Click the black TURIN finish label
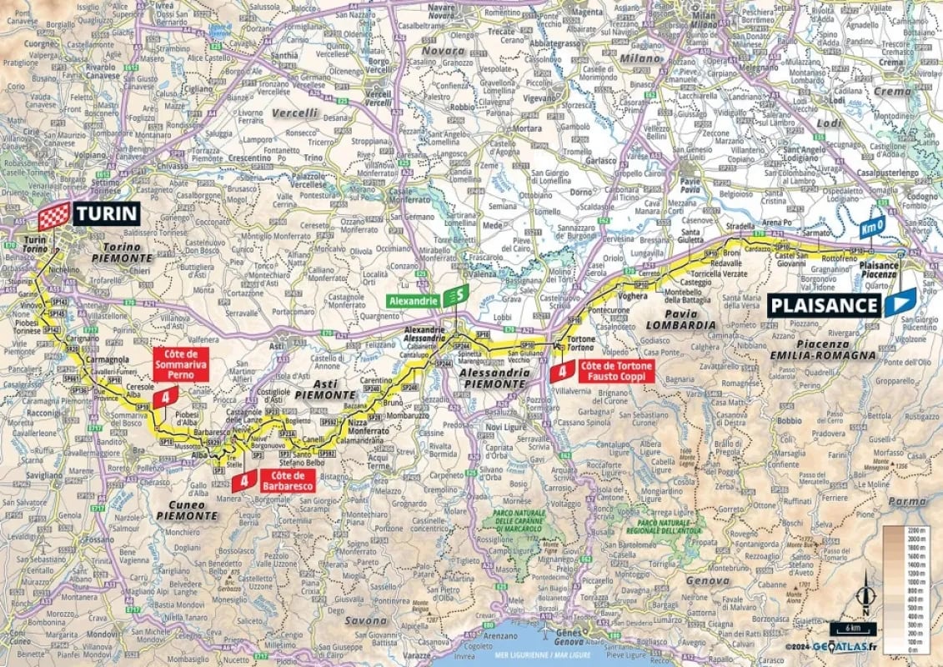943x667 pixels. (106, 214)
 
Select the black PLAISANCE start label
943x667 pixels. (824, 304)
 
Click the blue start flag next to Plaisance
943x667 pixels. (900, 302)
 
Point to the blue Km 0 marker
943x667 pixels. (872, 225)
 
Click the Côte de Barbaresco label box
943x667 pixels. (288, 479)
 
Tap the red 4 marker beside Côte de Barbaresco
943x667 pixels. (245, 479)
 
